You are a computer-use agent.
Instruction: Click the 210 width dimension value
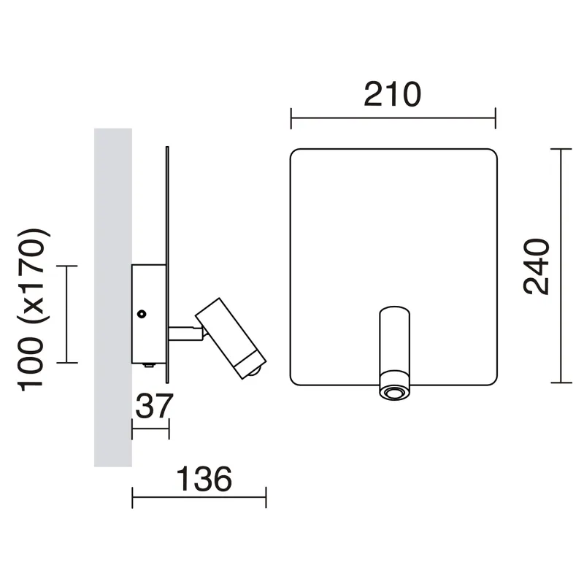[x=392, y=94]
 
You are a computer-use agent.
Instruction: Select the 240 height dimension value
[x=537, y=266]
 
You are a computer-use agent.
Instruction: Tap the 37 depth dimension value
[x=154, y=406]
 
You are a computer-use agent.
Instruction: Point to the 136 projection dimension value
[x=204, y=479]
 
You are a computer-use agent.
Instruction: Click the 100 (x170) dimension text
[x=33, y=310]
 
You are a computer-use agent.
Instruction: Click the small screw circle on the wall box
[x=142, y=314]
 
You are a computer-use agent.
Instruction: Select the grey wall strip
[x=113, y=297]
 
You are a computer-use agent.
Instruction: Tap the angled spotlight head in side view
[x=231, y=338]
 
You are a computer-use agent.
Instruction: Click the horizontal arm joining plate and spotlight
[x=185, y=334]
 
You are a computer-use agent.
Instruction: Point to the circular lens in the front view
[x=395, y=393]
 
